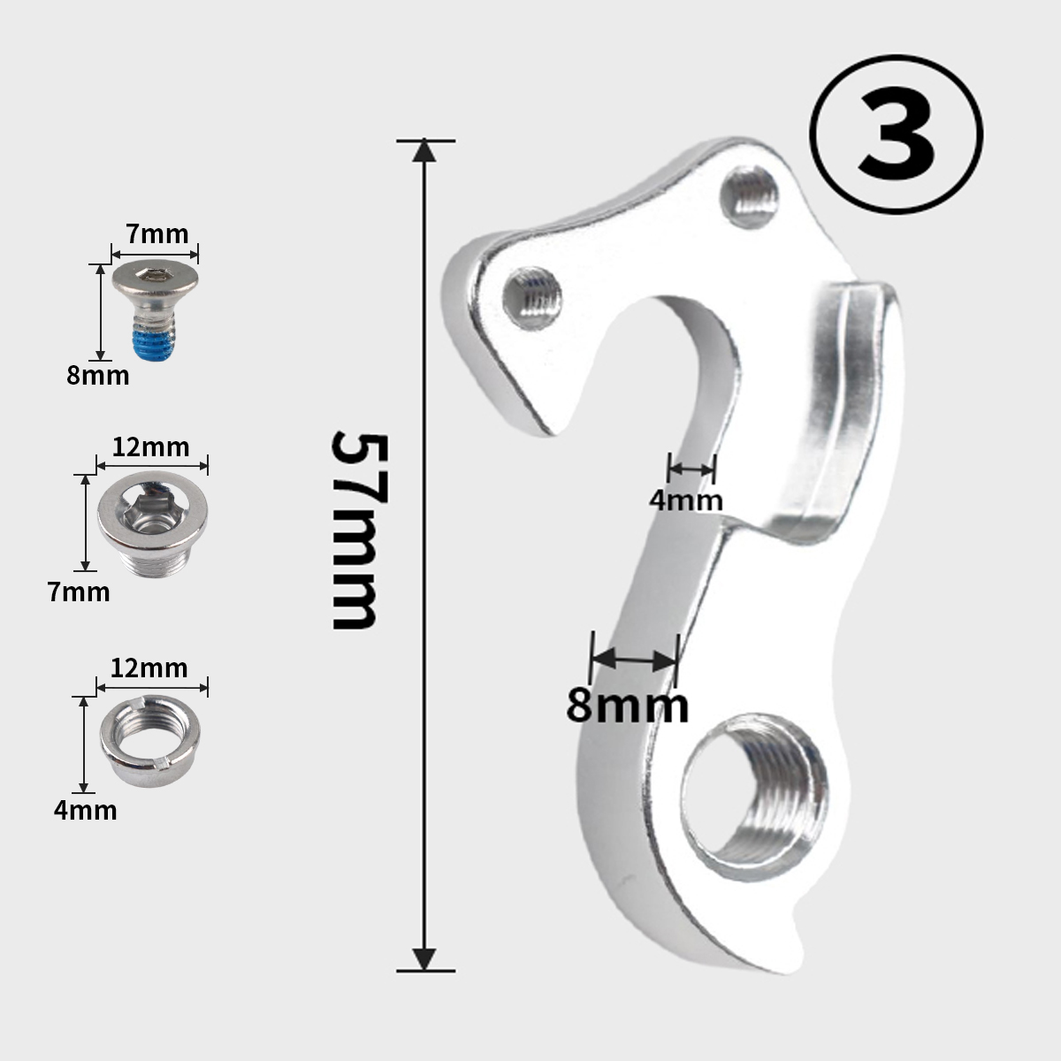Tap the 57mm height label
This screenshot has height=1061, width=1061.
[361, 530]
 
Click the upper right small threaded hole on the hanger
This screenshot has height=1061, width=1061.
[750, 196]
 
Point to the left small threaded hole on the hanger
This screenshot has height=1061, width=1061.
[532, 299]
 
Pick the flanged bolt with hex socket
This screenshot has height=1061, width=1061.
[152, 523]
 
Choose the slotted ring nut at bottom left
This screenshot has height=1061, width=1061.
[150, 741]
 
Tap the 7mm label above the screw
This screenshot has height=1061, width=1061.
[156, 234]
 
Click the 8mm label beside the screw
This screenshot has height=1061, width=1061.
[98, 376]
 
